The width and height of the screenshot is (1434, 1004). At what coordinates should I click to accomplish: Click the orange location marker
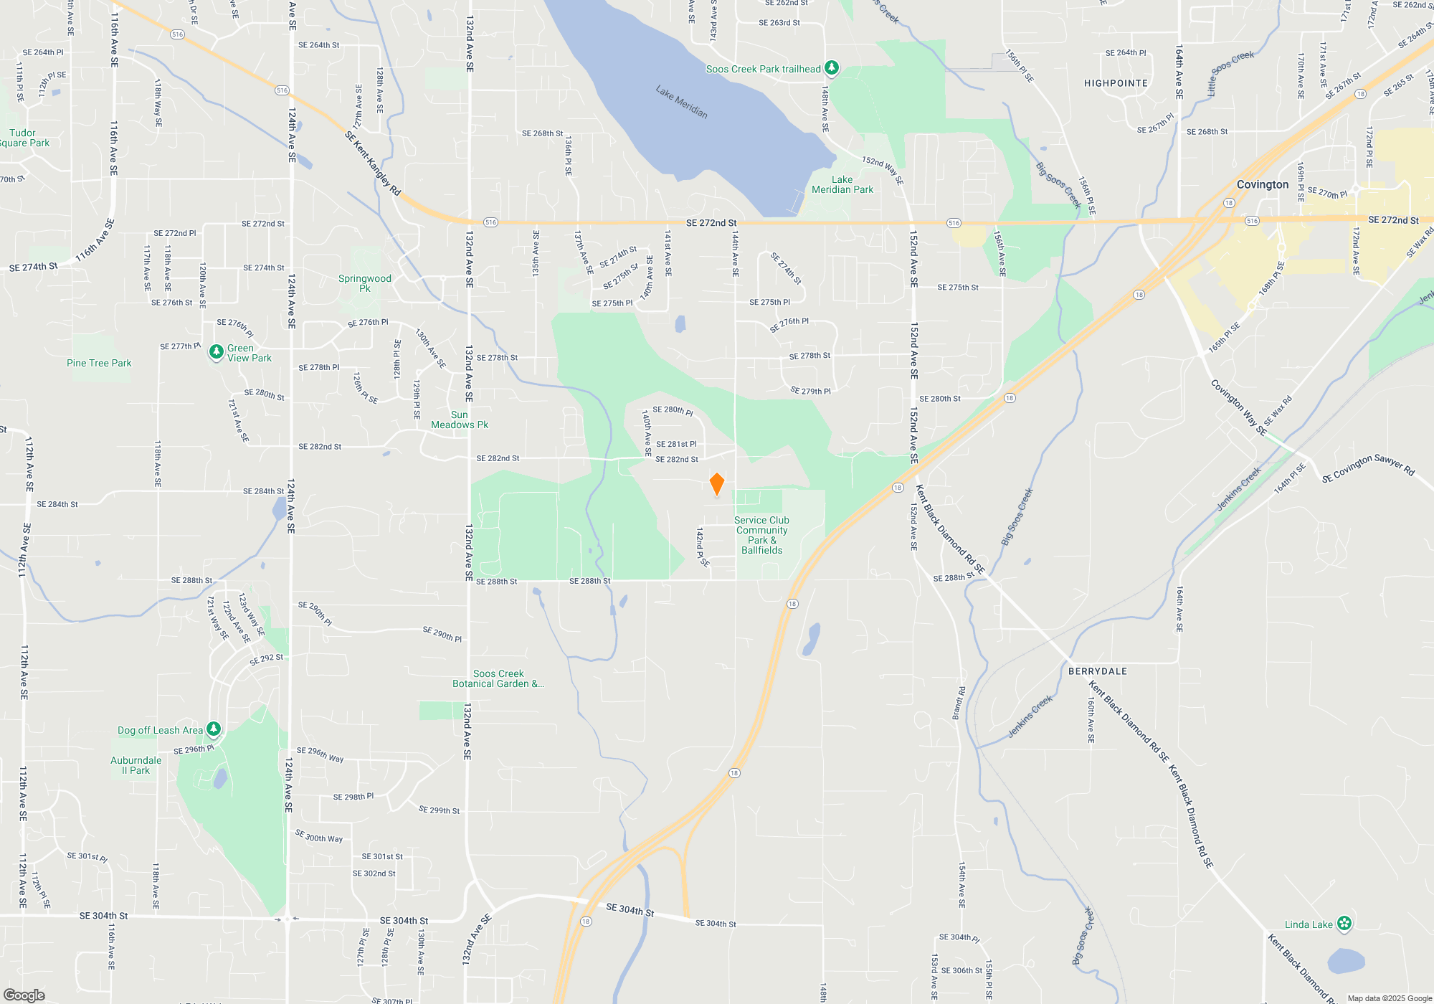coord(716,484)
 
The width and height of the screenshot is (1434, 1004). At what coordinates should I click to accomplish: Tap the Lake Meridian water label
coord(681,102)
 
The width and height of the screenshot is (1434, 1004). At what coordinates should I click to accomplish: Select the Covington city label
coord(1262,184)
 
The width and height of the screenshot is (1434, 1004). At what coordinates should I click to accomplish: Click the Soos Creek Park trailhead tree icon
coord(832,68)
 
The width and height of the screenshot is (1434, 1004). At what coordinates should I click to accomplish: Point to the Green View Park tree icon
coord(216,352)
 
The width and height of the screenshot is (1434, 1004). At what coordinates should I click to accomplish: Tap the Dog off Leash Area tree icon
coord(213,730)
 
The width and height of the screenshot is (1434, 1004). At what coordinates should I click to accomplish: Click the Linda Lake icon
coord(1344,924)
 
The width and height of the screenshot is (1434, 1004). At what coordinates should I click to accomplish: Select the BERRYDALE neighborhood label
coord(1097,671)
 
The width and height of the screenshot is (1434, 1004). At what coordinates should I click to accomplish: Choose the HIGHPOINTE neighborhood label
coord(1116,83)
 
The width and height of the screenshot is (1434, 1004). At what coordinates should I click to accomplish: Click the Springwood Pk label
coord(365,283)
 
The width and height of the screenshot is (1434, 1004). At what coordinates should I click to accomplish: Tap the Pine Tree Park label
coord(99,363)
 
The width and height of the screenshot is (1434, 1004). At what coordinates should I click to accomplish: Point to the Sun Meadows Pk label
coord(460,420)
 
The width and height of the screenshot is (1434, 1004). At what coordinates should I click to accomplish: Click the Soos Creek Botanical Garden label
coord(498,678)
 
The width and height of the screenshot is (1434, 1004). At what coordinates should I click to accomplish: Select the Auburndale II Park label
coord(136,765)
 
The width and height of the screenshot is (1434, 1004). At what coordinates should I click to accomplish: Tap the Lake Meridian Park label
coord(842,184)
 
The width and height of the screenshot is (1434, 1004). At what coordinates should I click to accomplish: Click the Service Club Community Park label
coord(761,535)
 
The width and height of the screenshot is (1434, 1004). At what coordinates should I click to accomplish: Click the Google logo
coord(24,995)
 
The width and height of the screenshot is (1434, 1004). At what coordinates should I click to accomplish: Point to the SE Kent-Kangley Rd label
coord(372,164)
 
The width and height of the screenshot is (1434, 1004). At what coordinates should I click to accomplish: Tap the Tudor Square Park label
coord(24,138)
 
